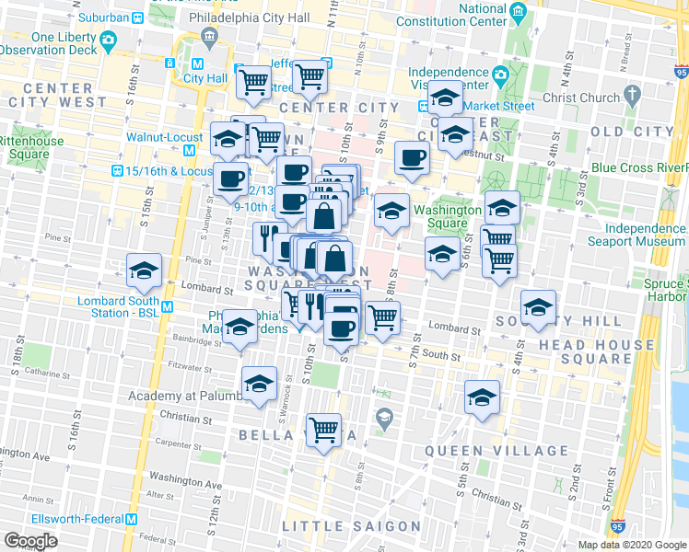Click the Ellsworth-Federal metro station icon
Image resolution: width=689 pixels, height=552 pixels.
(132, 518)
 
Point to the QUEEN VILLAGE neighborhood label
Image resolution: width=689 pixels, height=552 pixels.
(496, 451)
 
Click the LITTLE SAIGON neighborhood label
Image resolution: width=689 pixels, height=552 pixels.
(351, 526)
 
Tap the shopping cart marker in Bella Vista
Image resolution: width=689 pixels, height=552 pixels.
(323, 429)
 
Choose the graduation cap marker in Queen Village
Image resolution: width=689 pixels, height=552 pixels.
(482, 397)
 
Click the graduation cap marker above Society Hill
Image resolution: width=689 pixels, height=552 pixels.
(538, 308)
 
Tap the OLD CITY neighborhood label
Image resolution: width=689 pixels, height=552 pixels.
(632, 132)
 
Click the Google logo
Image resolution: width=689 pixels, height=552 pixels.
(30, 540)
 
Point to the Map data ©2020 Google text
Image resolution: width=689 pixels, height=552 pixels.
(631, 545)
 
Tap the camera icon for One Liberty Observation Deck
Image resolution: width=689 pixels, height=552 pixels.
(108, 40)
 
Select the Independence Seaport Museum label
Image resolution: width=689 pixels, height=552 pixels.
(638, 234)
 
